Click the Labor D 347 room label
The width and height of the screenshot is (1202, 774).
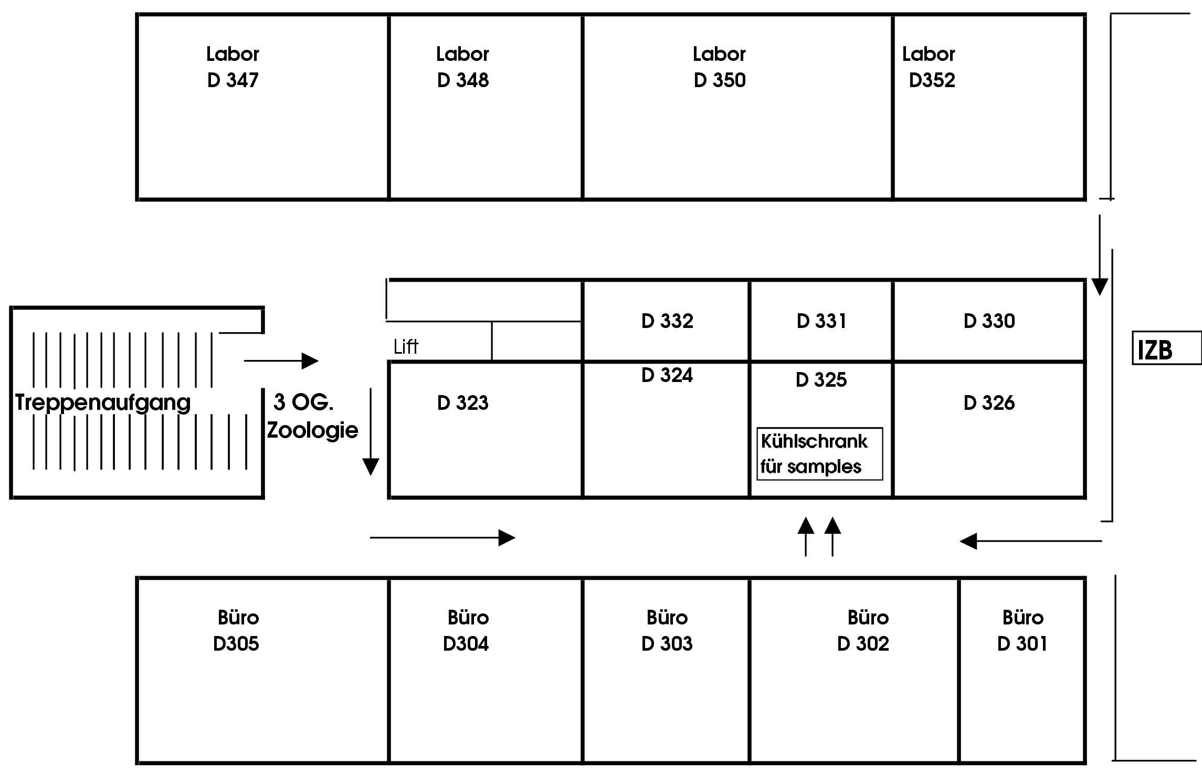[233, 67]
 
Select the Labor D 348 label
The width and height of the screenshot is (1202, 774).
[462, 67]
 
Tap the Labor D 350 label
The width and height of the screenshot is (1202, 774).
[719, 67]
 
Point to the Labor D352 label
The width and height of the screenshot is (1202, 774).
[929, 67]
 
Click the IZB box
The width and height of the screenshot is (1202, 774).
[1166, 347]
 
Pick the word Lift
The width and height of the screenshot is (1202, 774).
[406, 347]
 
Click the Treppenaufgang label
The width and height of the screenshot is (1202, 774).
[103, 402]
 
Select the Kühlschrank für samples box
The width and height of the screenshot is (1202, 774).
[819, 454]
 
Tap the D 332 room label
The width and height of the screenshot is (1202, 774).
[667, 321]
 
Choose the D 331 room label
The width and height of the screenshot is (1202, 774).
[821, 321]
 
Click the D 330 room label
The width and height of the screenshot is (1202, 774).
[989, 321]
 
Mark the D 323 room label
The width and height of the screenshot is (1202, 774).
[462, 403]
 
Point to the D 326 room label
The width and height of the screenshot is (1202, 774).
[989, 403]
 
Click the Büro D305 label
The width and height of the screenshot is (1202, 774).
[237, 630]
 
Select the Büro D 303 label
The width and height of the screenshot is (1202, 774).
[667, 630]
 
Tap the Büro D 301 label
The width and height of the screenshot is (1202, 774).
[1022, 630]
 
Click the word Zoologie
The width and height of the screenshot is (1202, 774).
[313, 430]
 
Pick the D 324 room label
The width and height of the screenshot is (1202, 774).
[667, 375]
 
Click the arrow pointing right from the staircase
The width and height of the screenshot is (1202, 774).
[281, 361]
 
